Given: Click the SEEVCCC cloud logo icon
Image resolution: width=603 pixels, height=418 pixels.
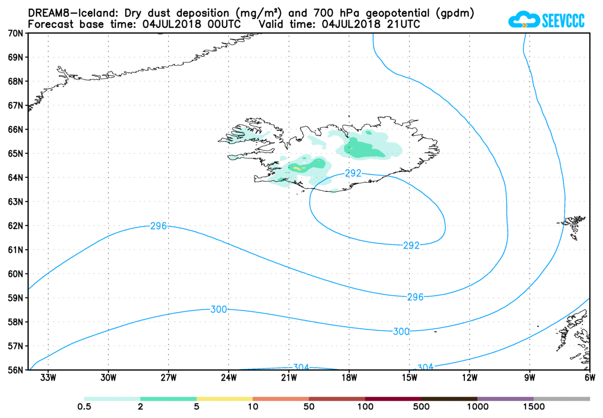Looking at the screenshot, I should pos(523,19).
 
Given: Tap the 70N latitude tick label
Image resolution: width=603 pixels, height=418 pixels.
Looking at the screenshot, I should pos(16,33).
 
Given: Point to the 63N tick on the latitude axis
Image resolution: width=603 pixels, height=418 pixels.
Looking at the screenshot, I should pos(16,202).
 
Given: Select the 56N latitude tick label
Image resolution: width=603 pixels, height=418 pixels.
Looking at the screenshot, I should pos(16,370).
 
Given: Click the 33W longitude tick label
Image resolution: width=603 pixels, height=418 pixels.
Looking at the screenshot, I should pos(48,379).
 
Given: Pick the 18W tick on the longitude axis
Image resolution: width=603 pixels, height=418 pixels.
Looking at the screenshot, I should pos(349,379).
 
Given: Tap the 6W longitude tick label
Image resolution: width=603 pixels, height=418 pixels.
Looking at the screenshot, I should pos(589,379).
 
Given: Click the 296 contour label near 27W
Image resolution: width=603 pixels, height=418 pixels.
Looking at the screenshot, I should pos(158,226).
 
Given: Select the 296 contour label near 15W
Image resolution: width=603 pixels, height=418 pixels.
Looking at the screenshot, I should pos(415,297).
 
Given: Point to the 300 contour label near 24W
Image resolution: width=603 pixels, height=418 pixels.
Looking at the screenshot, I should pos(219,309).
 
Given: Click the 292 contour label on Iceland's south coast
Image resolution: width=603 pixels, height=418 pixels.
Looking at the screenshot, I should pos(353,173).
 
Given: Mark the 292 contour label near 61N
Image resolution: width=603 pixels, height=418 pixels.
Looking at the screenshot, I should pos(411,246).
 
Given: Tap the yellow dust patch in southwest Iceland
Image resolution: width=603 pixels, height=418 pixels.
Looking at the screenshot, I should pos(299,167).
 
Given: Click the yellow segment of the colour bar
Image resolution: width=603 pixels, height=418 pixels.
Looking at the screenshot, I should pos(224,399).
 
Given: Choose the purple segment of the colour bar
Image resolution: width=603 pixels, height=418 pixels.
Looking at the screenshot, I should pos(505,399).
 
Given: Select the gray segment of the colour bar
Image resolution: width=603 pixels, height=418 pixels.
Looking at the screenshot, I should pos(561,399).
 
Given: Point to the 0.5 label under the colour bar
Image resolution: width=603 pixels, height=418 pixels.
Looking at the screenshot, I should pos(84,408).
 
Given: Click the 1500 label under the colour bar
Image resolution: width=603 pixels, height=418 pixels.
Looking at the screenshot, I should pos(534,408).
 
